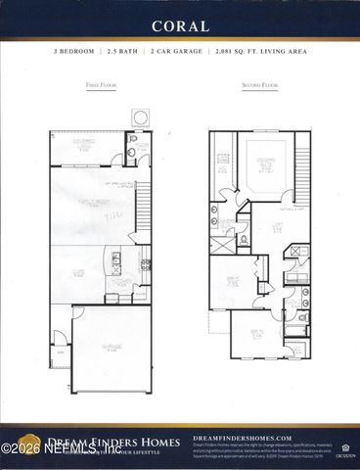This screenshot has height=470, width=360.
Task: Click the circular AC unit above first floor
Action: [x=141, y=117]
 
